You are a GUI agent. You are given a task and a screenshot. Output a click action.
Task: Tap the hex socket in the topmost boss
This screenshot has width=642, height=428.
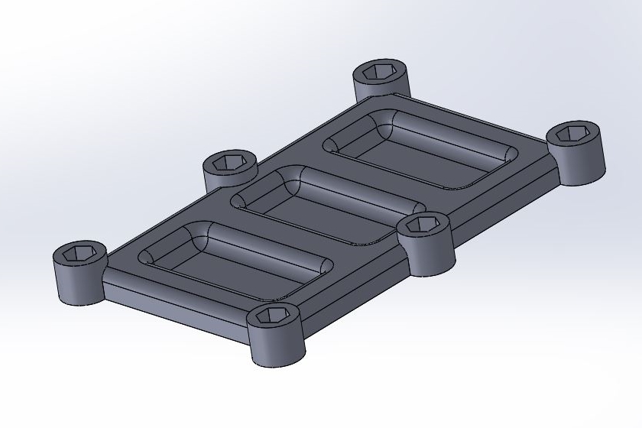379,72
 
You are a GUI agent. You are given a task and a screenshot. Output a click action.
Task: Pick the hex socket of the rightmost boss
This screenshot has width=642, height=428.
575,134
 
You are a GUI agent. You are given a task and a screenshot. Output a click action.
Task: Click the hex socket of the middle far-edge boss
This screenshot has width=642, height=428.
229,162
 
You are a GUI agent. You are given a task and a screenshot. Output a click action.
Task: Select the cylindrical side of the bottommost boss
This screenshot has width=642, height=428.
276,349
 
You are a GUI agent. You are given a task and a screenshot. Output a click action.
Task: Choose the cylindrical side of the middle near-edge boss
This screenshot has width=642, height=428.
428,255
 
